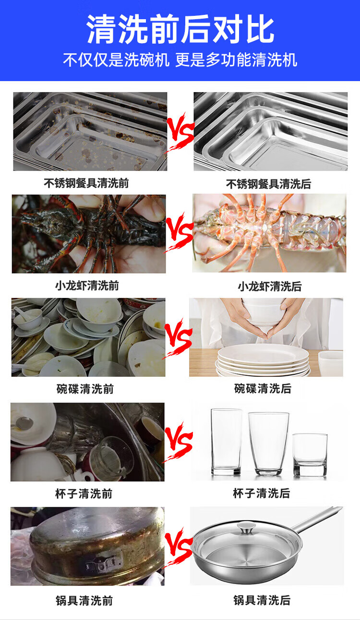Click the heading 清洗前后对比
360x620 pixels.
[x=180, y=29]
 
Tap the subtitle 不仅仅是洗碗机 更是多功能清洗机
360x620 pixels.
[x=180, y=60]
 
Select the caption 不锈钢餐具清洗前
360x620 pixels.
[x=86, y=183]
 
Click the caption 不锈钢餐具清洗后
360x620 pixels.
[x=269, y=184]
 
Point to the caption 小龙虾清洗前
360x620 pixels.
[x=87, y=286]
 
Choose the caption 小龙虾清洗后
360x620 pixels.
[x=270, y=286]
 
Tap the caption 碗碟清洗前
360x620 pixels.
[x=85, y=389]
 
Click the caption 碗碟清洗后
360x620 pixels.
[x=263, y=388]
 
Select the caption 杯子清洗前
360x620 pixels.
[x=84, y=493]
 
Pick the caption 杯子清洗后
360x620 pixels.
[x=262, y=493]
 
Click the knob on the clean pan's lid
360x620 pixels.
[x=245, y=527]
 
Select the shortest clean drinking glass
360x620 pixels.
[x=310, y=454]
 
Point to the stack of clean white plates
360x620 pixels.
[x=263, y=360]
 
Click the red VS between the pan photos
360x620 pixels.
[x=178, y=547]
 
